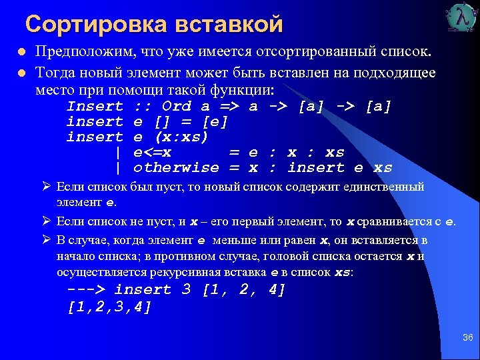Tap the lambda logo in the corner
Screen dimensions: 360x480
(x=462, y=19)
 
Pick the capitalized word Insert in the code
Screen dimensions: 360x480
(x=95, y=107)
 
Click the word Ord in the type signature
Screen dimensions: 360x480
(x=177, y=107)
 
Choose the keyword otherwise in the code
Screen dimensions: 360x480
(x=176, y=168)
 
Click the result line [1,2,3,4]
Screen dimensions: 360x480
(x=110, y=307)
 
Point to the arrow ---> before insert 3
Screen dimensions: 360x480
(x=86, y=290)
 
